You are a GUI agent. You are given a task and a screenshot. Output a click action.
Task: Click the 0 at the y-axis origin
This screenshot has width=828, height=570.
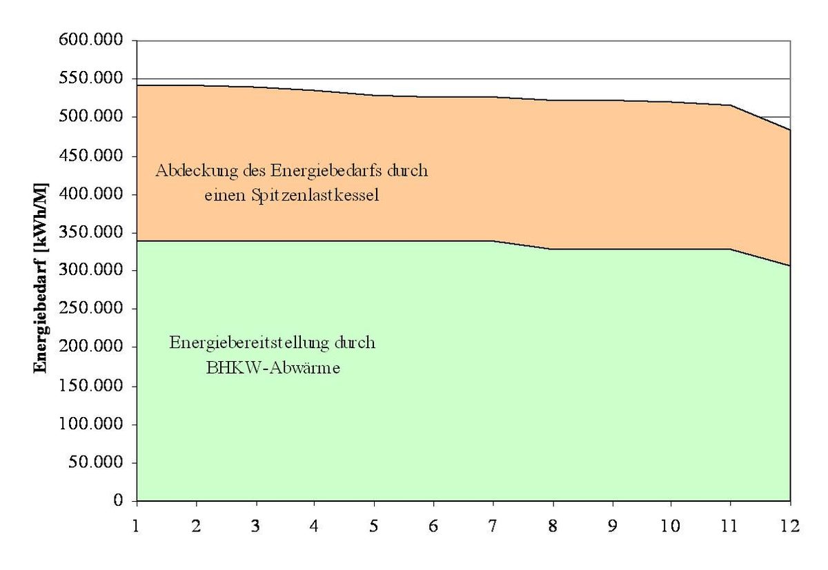coord(119,500)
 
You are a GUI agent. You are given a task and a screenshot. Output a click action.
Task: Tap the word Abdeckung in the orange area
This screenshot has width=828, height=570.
coord(186,170)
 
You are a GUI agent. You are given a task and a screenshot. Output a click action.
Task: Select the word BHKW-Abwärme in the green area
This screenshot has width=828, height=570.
coord(274,368)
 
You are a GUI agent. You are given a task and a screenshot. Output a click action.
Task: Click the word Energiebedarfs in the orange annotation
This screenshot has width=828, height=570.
coord(326,170)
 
